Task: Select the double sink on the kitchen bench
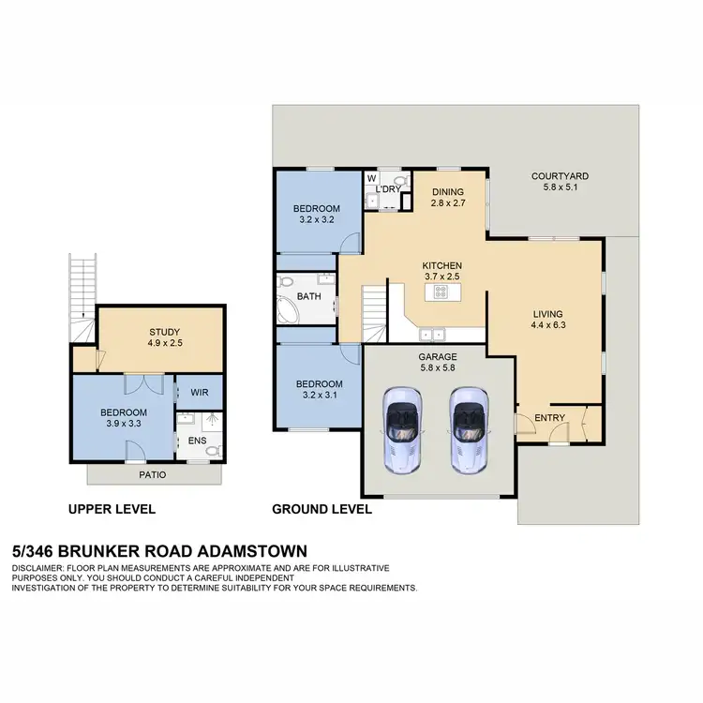(x=432, y=332)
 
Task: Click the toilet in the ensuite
(x=212, y=451)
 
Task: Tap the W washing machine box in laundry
(x=372, y=178)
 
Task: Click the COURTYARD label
(x=560, y=175)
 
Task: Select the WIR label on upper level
(x=200, y=392)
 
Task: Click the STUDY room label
(x=164, y=332)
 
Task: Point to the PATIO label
(x=153, y=475)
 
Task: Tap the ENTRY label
(x=547, y=417)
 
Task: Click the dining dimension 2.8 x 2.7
(x=448, y=202)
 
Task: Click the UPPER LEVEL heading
(x=112, y=510)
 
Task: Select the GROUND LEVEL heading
(x=322, y=510)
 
